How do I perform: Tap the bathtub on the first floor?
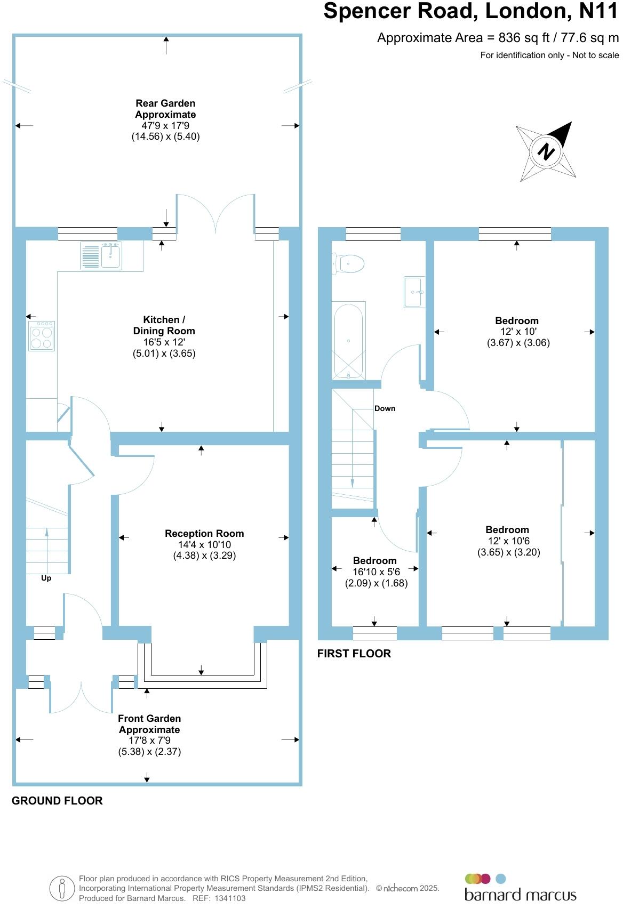click(x=348, y=341)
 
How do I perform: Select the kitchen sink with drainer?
click(x=101, y=255)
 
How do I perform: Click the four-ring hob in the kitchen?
click(x=42, y=336)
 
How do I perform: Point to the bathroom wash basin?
click(x=414, y=292)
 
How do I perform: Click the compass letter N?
click(x=546, y=151)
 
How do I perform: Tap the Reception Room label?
click(x=204, y=534)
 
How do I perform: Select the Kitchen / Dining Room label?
click(x=164, y=325)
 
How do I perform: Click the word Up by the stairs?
click(x=46, y=578)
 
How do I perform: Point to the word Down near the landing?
click(x=385, y=408)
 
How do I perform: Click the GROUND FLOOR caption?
click(x=57, y=801)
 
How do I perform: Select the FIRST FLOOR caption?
click(x=354, y=654)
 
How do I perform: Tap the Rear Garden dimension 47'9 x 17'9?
click(x=165, y=126)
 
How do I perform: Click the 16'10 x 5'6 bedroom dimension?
click(x=376, y=572)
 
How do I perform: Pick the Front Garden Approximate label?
click(x=149, y=724)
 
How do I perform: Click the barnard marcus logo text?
click(x=520, y=895)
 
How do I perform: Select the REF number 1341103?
click(x=230, y=898)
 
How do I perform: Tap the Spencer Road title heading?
click(x=470, y=12)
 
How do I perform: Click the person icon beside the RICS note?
click(x=62, y=888)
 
